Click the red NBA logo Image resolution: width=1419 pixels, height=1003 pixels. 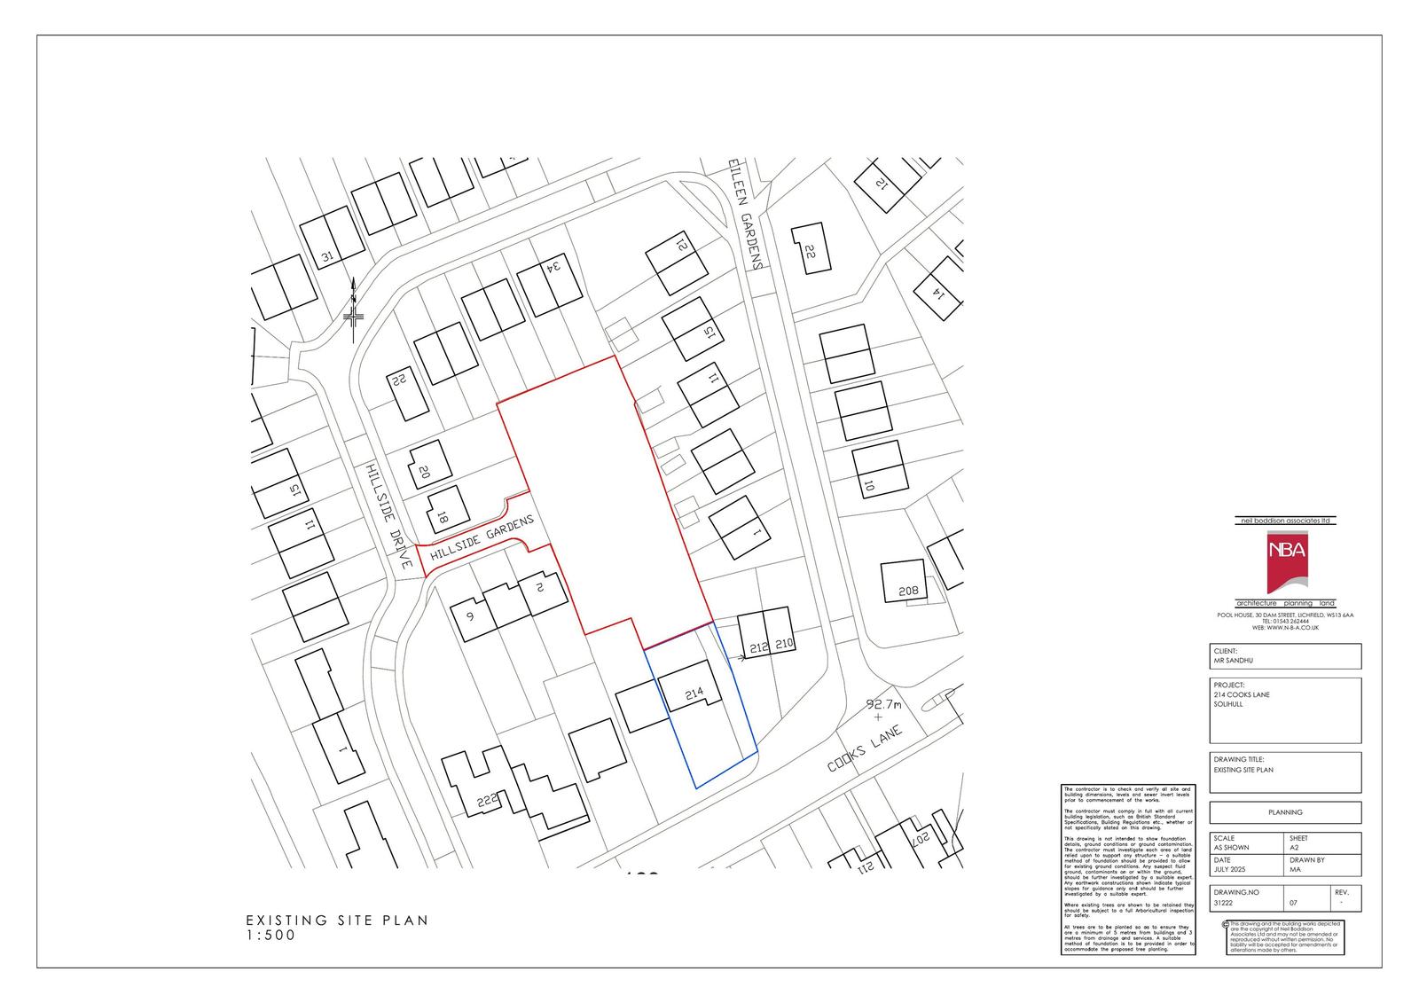1285,562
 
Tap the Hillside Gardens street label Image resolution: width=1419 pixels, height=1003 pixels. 482,540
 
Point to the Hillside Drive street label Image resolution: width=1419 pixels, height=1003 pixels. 389,515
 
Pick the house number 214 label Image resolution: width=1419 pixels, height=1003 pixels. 694,693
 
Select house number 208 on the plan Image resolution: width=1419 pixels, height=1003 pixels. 907,591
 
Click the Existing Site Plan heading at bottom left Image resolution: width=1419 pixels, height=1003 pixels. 337,921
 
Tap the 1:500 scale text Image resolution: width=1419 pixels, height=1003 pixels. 270,935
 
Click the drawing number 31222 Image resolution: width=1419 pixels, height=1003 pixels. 1225,903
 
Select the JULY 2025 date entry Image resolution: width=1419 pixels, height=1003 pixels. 1228,870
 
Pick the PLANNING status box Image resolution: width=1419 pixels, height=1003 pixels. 1285,812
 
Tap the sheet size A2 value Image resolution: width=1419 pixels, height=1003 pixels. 1295,848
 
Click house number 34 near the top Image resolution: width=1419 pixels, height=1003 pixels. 553,265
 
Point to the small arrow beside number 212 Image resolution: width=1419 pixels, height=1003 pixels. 735,657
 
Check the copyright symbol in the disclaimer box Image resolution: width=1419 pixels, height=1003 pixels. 1225,923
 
